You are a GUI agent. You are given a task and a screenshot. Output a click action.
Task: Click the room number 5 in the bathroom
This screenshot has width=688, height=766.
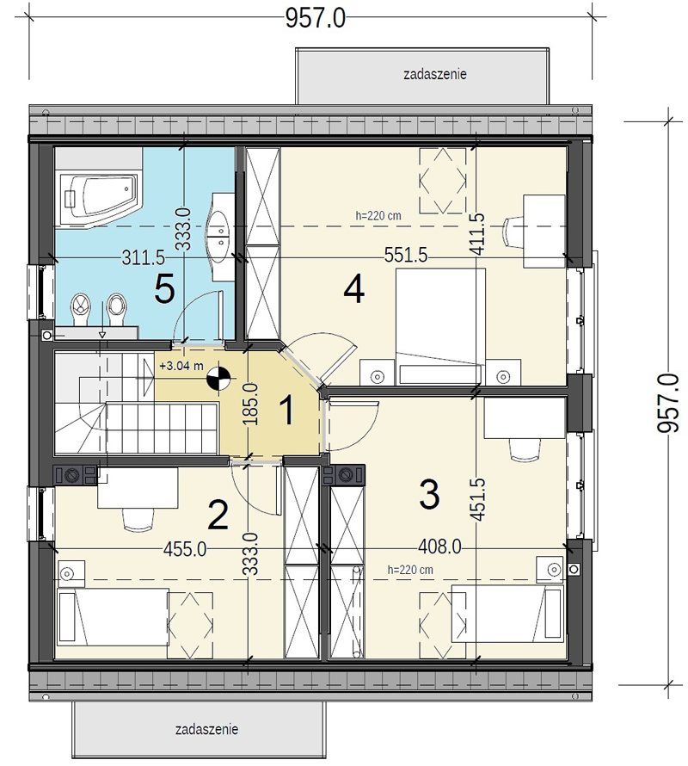164,290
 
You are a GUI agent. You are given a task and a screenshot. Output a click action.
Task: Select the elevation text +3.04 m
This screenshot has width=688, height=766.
181,366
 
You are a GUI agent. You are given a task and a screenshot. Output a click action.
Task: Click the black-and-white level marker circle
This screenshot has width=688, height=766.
218,378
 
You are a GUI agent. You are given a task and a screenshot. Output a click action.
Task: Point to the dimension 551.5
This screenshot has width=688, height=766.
406,255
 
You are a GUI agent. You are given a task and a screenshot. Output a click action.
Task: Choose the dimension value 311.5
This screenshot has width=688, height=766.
143,257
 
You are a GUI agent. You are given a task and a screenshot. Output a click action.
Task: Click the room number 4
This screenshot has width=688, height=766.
354,289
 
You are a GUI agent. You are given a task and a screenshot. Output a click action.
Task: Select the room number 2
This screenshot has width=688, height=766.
218,515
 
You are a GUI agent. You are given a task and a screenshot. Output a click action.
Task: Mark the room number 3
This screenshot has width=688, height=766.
430,494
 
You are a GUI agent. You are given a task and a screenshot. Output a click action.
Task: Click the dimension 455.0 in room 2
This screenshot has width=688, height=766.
185,550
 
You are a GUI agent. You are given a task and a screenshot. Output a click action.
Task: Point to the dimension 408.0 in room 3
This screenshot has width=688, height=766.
439,547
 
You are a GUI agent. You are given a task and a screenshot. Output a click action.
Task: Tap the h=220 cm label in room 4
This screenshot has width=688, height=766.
378,215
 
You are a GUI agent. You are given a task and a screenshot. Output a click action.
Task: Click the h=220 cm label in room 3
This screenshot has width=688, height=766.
410,570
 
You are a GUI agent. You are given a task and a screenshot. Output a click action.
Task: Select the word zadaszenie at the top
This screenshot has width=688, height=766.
435,74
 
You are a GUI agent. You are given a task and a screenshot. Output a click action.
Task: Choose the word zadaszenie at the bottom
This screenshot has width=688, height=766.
206,729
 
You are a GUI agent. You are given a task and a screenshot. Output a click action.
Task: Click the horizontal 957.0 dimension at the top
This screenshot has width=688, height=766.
316,19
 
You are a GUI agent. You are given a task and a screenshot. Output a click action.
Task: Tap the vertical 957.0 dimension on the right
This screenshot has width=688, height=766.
668,403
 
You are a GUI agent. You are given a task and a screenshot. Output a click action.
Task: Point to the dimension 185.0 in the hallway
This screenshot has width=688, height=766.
251,404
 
